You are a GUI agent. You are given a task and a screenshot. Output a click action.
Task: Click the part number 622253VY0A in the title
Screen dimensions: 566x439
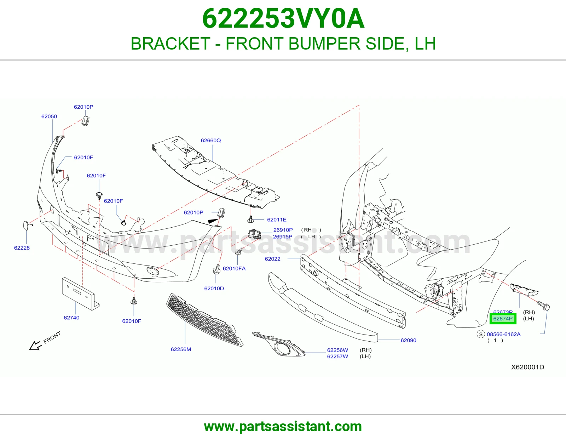click(x=283, y=18)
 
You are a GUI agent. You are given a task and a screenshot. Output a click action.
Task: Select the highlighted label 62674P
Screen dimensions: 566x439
click(x=503, y=319)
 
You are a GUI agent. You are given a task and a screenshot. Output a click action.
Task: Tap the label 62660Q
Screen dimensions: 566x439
click(x=211, y=141)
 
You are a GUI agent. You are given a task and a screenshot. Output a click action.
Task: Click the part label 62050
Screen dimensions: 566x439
click(x=49, y=116)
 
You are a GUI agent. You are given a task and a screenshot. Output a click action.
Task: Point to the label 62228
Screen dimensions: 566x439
click(x=22, y=248)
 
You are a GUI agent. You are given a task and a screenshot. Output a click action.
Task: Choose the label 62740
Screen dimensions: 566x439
click(x=71, y=318)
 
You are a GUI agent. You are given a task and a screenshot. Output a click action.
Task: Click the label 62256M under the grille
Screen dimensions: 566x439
click(x=181, y=349)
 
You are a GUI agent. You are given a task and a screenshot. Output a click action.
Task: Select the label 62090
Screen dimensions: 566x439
click(x=409, y=340)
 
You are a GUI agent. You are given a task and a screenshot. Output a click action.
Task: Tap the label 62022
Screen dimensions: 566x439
click(x=273, y=259)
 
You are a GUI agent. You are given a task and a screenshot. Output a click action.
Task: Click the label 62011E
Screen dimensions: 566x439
click(x=277, y=220)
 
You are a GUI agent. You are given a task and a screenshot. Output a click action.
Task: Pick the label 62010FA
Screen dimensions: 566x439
click(x=234, y=268)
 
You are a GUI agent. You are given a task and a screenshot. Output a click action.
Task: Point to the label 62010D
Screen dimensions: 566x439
click(x=214, y=289)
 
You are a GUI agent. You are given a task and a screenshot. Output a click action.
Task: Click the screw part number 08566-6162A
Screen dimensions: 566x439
click(x=504, y=334)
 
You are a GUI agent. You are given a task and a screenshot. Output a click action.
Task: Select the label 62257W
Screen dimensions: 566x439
click(x=337, y=357)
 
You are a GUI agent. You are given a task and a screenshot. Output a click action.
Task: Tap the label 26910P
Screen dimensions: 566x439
click(x=283, y=230)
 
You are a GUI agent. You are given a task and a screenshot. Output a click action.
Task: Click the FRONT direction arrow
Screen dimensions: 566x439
click(x=35, y=346)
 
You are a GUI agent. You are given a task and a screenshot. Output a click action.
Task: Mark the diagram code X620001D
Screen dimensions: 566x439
click(x=527, y=367)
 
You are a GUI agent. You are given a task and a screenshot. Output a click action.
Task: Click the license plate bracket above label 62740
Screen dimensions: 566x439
click(x=80, y=294)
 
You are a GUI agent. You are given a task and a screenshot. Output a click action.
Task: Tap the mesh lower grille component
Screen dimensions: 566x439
click(x=205, y=320)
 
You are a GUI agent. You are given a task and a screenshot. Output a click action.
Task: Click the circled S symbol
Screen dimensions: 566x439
click(x=481, y=334)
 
